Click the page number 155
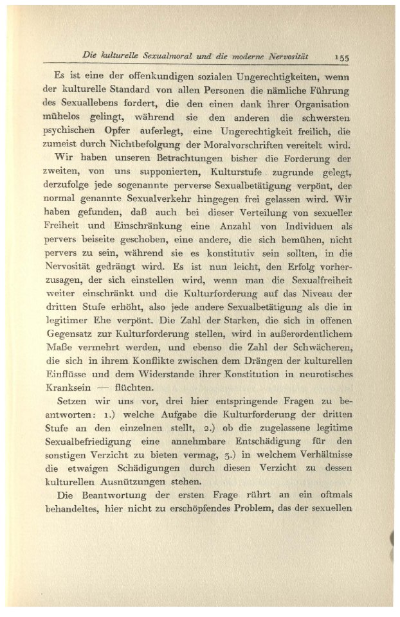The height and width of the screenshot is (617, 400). coord(340,57)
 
